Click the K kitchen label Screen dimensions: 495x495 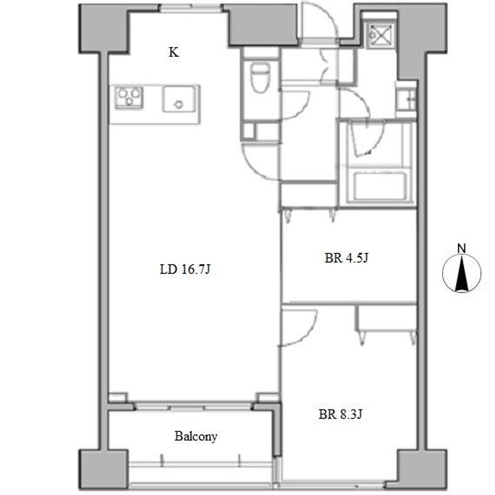[174, 52]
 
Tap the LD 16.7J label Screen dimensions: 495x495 [185, 269]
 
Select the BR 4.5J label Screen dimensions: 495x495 [346, 258]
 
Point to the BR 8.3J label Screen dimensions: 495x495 [340, 414]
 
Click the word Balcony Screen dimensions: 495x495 [196, 437]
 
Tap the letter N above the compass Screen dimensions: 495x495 [462, 249]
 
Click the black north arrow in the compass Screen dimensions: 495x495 [462, 274]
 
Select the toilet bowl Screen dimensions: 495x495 [261, 77]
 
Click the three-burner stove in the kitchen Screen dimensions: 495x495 [129, 97]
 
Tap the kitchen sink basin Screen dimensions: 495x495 [178, 100]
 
